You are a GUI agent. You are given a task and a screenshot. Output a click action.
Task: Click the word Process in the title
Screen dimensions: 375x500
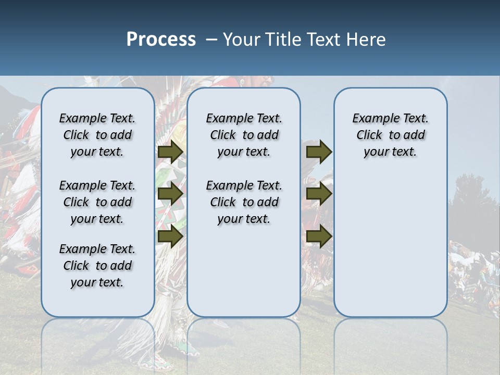pos(161,39)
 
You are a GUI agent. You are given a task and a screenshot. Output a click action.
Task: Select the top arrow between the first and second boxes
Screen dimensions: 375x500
pos(170,152)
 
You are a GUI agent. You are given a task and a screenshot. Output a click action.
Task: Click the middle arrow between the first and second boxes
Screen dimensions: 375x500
pos(170,194)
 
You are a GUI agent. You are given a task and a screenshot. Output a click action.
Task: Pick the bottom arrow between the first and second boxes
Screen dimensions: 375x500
pos(170,236)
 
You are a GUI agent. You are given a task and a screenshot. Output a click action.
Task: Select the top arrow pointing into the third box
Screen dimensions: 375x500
pos(319,152)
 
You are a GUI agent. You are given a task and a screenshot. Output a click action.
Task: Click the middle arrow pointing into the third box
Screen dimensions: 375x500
pos(319,194)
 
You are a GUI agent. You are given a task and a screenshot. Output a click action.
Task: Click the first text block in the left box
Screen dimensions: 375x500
pos(97,135)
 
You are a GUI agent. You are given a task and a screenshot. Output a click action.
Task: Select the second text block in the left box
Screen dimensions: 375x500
pos(97,202)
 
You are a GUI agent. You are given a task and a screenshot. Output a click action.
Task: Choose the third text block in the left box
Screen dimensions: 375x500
pos(97,266)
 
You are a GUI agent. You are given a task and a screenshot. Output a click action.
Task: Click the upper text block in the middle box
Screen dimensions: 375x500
pos(244,135)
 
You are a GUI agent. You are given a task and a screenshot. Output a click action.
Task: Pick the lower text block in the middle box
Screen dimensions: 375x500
pos(244,202)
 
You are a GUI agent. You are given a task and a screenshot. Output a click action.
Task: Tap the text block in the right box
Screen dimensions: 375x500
pos(391,135)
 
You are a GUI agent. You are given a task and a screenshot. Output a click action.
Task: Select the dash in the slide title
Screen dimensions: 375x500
pos(211,39)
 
